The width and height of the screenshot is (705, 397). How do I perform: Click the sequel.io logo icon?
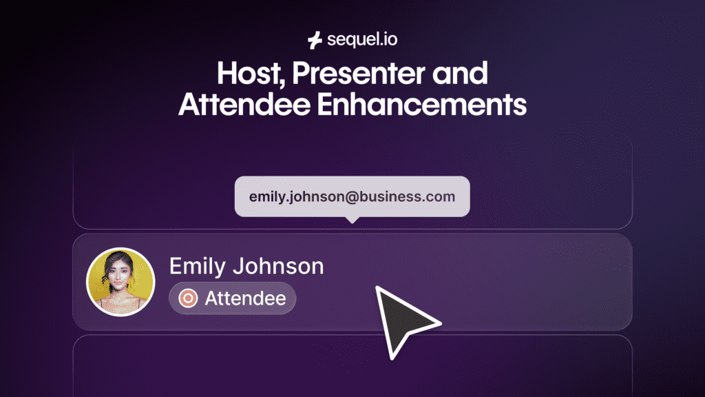(315, 41)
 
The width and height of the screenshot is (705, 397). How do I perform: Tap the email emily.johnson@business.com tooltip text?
(352, 196)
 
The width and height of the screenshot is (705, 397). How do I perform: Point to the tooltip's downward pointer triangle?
(352, 220)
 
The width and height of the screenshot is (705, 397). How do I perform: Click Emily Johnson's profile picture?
(120, 281)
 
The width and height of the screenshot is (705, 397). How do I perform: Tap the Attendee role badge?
(233, 298)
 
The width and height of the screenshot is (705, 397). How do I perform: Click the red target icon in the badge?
(187, 298)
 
